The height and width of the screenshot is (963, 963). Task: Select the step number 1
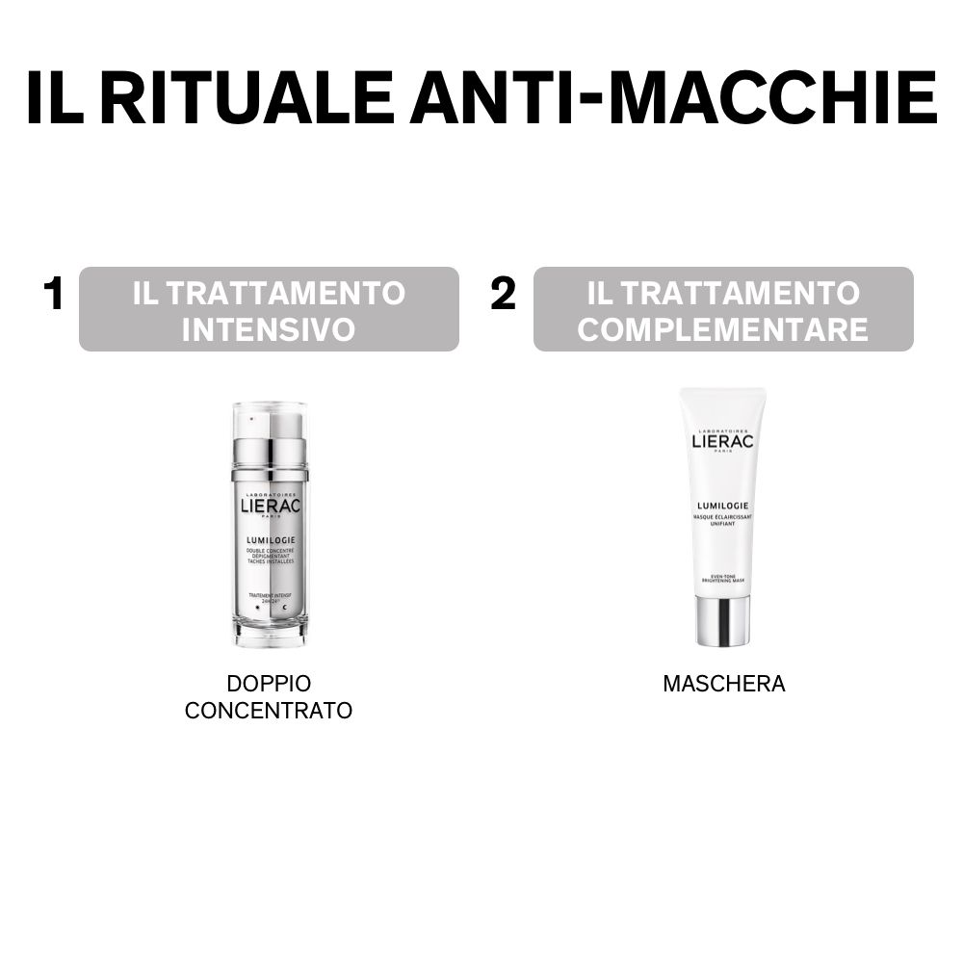pos(53,295)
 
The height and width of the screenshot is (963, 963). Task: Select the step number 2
pos(503,295)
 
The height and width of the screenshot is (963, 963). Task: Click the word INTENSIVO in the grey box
pos(269,329)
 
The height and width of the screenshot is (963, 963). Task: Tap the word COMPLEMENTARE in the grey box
pos(723,329)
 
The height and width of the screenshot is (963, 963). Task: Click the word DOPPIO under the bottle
pos(269,684)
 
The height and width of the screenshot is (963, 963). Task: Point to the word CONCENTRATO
pos(269,712)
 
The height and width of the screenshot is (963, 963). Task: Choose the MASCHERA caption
pos(723,684)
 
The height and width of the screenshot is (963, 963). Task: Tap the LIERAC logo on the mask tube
pos(723,442)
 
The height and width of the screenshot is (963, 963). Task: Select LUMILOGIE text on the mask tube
pos(723,505)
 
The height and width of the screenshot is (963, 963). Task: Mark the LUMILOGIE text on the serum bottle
pos(270,540)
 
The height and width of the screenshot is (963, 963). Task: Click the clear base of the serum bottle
pos(270,631)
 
